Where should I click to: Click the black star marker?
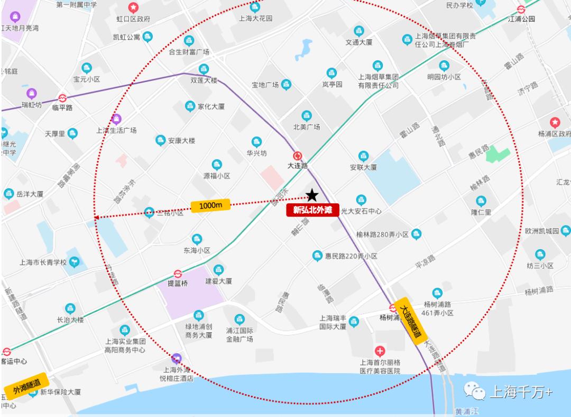point(312,195)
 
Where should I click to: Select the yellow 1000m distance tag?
point(211,205)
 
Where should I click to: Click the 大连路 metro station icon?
point(298,156)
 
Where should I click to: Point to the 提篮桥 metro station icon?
point(178,274)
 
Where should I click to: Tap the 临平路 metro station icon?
point(62,98)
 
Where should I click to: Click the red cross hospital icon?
point(380,351)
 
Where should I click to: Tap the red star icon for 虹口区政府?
point(133,8)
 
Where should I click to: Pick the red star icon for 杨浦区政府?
point(555,122)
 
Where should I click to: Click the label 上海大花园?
point(255,18)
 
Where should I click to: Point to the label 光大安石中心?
point(361,211)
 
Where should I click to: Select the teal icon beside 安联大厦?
point(363,156)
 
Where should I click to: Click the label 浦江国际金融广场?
point(240,335)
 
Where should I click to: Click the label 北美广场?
point(307,126)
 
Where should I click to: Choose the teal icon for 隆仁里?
point(481,201)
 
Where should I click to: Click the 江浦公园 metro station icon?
point(521,8)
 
